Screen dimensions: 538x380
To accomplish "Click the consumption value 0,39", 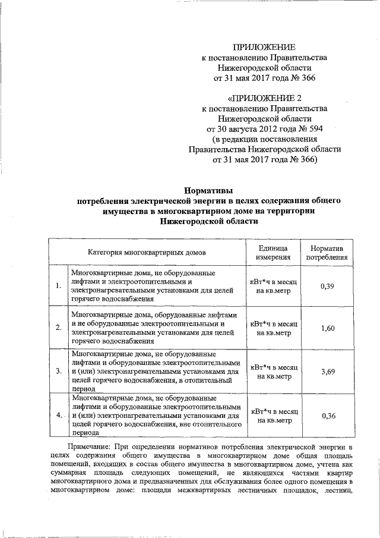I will [x=327, y=286].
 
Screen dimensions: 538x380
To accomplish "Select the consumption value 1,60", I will [x=327, y=328].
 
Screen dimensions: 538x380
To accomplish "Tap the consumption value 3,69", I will [x=327, y=372].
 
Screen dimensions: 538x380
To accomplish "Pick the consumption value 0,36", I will [x=327, y=415].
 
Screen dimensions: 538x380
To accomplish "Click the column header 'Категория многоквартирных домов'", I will [x=145, y=252].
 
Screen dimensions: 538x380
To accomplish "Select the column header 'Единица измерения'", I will [x=273, y=252].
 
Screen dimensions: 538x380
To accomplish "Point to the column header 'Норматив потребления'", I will [x=327, y=252].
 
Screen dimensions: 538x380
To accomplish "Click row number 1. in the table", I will [x=58, y=286].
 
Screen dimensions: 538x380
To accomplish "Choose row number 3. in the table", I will [x=58, y=372].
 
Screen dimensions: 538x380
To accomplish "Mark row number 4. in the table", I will [x=58, y=415].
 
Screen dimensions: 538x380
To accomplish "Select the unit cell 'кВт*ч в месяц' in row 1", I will [x=273, y=281].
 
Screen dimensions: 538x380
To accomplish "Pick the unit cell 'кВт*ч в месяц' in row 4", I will [x=273, y=410].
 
